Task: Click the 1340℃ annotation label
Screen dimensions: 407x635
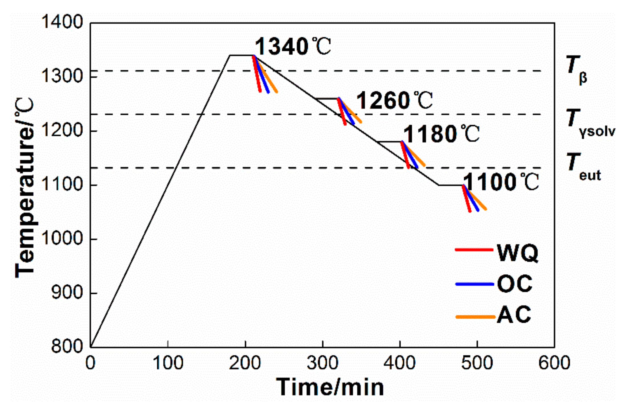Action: click(293, 46)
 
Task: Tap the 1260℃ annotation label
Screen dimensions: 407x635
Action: click(394, 101)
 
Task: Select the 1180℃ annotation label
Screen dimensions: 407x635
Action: click(441, 134)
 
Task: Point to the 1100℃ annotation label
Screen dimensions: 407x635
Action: click(501, 182)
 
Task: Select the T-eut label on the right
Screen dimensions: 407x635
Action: click(583, 167)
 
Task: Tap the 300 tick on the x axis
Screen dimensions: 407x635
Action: click(322, 363)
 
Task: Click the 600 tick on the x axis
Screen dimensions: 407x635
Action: click(554, 363)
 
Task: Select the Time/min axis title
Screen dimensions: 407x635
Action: click(330, 387)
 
